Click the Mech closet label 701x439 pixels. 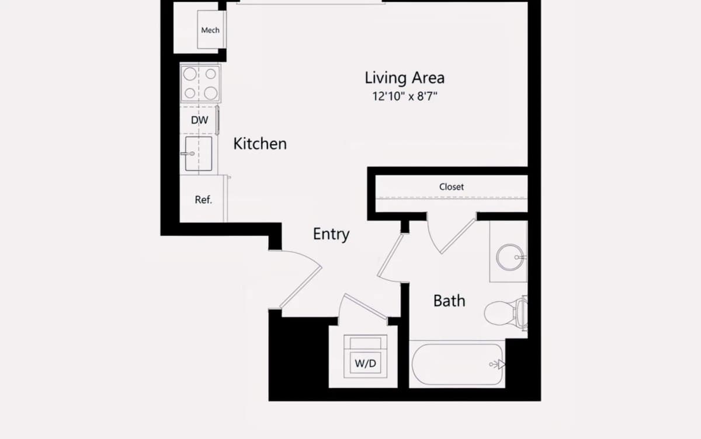(x=210, y=30)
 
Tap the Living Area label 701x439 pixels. (x=405, y=78)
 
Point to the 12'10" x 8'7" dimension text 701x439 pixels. (x=405, y=96)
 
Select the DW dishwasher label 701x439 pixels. (x=199, y=120)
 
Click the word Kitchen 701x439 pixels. (x=260, y=144)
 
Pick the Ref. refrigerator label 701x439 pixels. (x=203, y=200)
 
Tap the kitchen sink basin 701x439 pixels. (x=199, y=154)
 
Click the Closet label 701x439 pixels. (x=451, y=187)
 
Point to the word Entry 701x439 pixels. (x=331, y=234)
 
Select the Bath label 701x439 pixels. (x=449, y=301)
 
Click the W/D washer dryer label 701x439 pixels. (x=366, y=363)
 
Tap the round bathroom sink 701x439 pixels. (x=510, y=257)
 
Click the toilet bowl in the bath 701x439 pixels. (x=500, y=313)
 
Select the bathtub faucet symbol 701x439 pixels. (x=498, y=364)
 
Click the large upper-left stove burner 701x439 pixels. (x=190, y=74)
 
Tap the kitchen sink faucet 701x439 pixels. (x=188, y=154)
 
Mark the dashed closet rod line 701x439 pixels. (x=452, y=198)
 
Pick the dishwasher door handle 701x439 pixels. (x=217, y=120)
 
